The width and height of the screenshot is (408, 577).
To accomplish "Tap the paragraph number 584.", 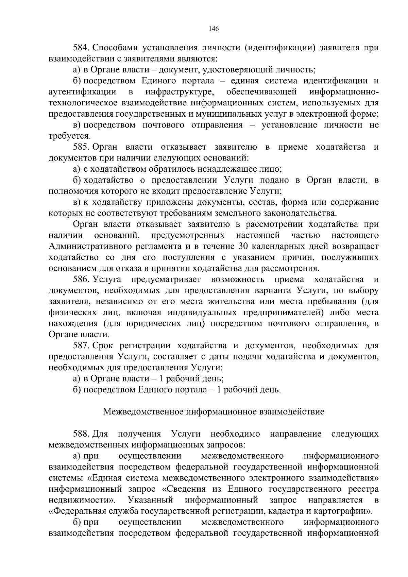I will (x=81, y=48).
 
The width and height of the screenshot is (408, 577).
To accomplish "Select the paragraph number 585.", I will (x=81, y=147).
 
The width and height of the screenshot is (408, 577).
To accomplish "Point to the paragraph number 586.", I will (x=81, y=279).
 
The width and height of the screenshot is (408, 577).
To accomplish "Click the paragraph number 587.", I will (x=81, y=346).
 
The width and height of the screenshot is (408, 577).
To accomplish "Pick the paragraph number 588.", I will (x=81, y=434).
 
